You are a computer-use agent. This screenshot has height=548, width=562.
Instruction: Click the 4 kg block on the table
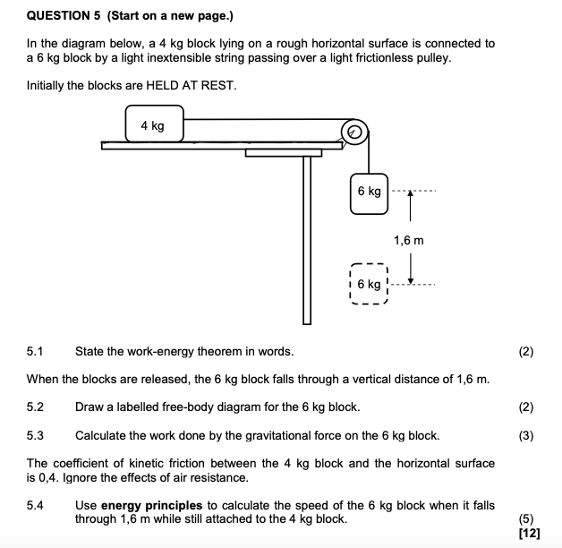coord(154,125)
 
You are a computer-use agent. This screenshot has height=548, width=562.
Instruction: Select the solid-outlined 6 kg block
coord(369,191)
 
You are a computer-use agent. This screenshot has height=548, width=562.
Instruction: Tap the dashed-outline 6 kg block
coord(368,284)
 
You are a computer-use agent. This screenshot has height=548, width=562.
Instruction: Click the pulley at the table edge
coord(354,133)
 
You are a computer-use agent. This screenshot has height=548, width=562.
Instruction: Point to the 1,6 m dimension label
coord(408,240)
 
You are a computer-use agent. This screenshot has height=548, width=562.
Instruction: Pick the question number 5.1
coord(36,352)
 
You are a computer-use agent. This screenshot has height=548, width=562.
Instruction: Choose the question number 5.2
coord(36,407)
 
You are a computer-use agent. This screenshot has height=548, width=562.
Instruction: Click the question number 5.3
coord(36,435)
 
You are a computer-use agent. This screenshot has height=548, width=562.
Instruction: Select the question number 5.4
coord(36,506)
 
